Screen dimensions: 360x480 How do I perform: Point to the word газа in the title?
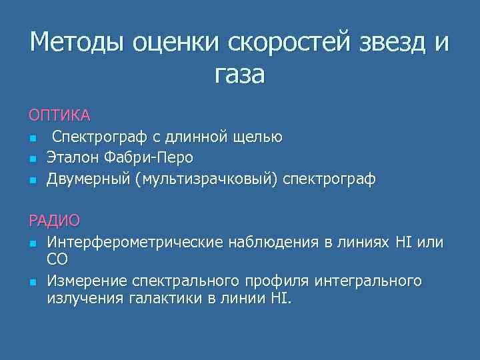[239, 73]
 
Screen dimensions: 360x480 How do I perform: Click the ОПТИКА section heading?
[59, 115]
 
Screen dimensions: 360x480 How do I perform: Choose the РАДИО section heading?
[54, 220]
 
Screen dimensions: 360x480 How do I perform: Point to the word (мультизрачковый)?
[207, 179]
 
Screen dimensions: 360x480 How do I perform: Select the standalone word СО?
[57, 258]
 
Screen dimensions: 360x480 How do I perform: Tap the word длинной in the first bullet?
[195, 137]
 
